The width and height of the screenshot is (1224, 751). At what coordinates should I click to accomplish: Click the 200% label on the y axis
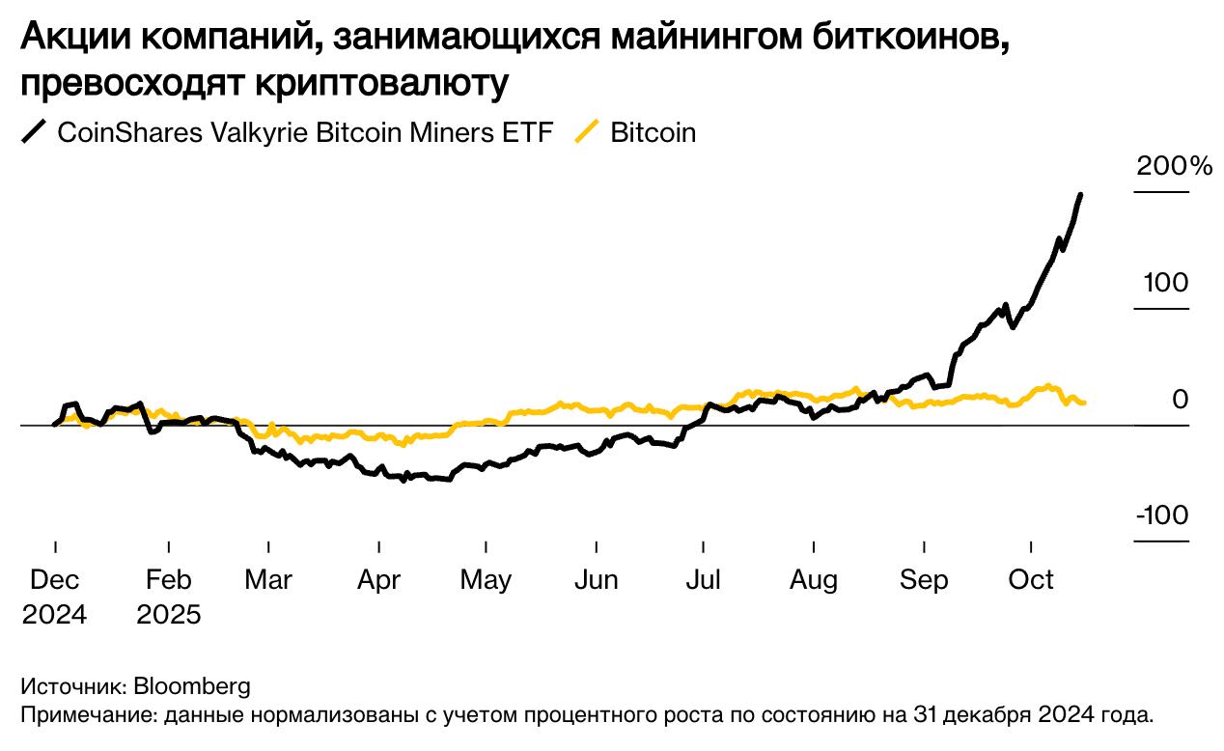coord(1174,166)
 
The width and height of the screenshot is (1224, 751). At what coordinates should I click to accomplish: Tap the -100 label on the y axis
coord(1162,515)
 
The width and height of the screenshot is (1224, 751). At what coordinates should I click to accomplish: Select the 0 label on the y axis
coord(1181,399)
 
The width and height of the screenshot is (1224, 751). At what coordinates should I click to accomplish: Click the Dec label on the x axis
coord(55,580)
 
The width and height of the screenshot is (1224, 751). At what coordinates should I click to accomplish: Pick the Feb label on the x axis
coord(168,580)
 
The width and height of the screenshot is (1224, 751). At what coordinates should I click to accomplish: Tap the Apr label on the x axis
coord(378,580)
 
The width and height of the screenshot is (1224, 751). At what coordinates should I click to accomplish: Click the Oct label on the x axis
coord(1031,580)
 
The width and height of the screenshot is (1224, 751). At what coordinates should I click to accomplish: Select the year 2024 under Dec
coord(55,615)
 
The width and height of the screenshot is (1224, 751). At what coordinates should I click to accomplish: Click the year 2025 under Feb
coord(168,615)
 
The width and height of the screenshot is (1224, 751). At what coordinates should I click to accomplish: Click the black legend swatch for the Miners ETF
coord(35,132)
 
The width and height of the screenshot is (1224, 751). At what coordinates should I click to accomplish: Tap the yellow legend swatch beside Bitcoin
coord(587,132)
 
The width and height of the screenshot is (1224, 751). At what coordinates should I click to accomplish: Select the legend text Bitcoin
coord(653,132)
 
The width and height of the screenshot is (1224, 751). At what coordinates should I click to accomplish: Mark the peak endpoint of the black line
coord(1079,195)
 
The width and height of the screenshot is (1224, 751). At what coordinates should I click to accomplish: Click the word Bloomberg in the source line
coord(191,686)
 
